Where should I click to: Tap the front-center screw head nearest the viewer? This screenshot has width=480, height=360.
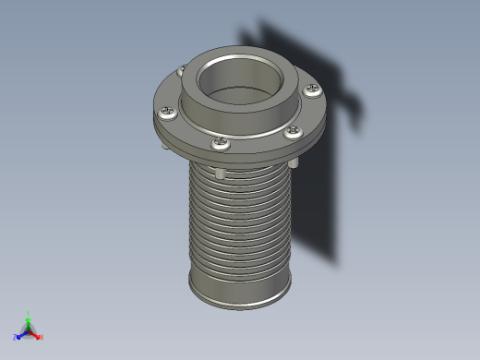[x=222, y=143]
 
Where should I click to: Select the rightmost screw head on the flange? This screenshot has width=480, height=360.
[x=313, y=90]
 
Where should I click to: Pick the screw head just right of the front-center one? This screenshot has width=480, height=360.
[x=293, y=131]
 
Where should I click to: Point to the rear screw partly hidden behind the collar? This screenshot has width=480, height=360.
[x=182, y=69]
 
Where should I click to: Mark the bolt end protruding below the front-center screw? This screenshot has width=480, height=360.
[x=220, y=173]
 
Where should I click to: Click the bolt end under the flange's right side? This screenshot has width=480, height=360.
[x=294, y=162]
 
